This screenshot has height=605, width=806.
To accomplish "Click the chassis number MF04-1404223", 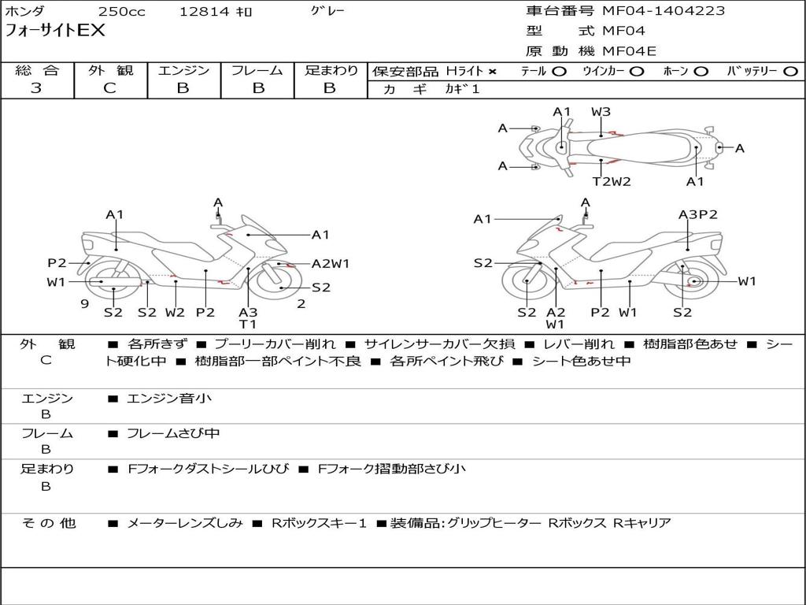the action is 664,11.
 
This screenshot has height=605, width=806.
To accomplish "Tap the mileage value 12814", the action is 204,12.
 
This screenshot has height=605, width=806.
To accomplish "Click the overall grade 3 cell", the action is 36,88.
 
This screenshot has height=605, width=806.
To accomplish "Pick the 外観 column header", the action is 110,71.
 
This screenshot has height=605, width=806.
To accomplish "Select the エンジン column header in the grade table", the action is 183,71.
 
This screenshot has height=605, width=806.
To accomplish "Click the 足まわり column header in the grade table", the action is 331,71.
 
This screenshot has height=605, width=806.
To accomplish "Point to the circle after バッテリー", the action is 790,72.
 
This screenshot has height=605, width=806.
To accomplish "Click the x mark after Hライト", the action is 493,72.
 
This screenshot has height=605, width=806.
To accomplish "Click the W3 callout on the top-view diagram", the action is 601,112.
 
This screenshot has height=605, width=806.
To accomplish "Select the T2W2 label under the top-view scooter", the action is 612,182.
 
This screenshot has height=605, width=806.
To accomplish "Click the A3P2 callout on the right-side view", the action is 697,214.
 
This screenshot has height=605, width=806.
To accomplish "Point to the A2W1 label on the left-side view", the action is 331,264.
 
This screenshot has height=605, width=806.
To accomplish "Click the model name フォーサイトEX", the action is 55,32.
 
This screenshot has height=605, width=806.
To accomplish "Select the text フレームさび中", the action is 173,433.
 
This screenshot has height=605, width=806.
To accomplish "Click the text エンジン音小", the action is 168,399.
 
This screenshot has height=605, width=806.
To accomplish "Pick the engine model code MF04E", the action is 630,51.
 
